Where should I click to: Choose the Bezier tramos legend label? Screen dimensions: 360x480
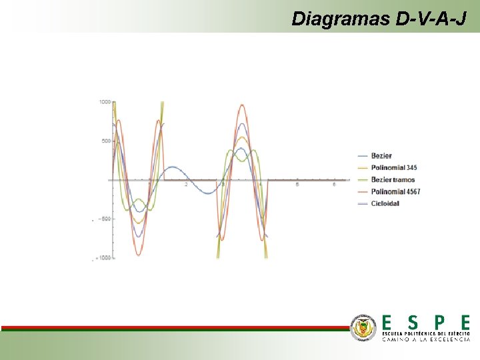click(x=393, y=179)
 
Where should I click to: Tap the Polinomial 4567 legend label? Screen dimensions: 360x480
click(x=395, y=191)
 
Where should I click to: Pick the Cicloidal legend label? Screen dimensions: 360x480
click(x=385, y=203)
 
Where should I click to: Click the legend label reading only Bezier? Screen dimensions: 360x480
click(x=381, y=155)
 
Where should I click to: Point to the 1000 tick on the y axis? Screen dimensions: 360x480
click(x=105, y=102)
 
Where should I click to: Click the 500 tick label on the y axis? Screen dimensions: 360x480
click(x=106, y=141)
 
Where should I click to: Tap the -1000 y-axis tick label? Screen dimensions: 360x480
click(x=103, y=257)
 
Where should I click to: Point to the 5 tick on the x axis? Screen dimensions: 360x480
click(x=297, y=185)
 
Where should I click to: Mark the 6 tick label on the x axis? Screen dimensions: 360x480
click(x=333, y=185)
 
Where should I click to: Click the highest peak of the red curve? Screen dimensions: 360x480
click(x=241, y=105)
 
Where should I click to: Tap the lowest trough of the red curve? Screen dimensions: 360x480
click(x=139, y=255)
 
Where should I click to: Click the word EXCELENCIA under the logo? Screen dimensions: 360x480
click(x=445, y=339)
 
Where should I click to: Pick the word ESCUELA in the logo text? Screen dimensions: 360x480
click(x=394, y=332)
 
